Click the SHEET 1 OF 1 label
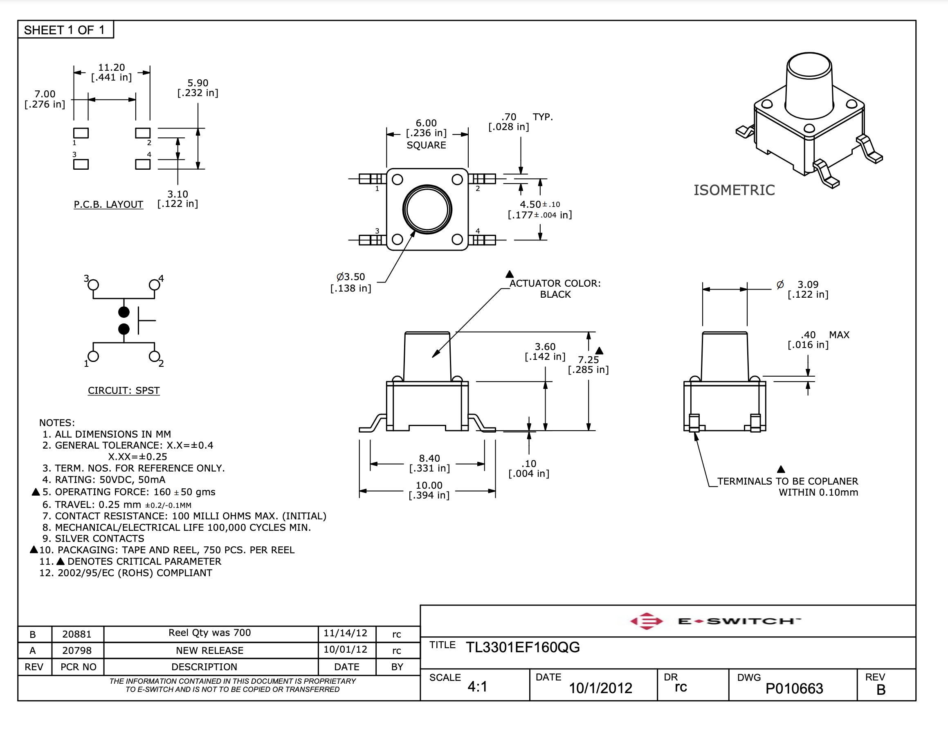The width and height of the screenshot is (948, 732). click(64, 30)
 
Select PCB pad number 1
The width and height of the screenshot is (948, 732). click(81, 133)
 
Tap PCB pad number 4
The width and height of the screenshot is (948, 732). click(143, 164)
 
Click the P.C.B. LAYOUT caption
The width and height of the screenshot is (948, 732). click(108, 204)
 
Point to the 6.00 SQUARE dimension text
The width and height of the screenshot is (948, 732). click(426, 134)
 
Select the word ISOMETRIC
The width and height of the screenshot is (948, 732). click(734, 190)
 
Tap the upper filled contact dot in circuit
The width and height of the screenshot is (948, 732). click(124, 312)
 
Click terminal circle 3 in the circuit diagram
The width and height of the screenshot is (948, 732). click(93, 285)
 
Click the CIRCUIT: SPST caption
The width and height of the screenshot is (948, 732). click(124, 391)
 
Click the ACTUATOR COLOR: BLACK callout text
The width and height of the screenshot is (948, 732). click(555, 289)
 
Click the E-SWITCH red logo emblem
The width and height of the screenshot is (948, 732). click(646, 621)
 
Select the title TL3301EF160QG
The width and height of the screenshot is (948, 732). click(523, 647)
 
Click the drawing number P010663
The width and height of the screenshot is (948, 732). click(794, 689)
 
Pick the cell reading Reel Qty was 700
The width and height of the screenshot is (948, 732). click(210, 633)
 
